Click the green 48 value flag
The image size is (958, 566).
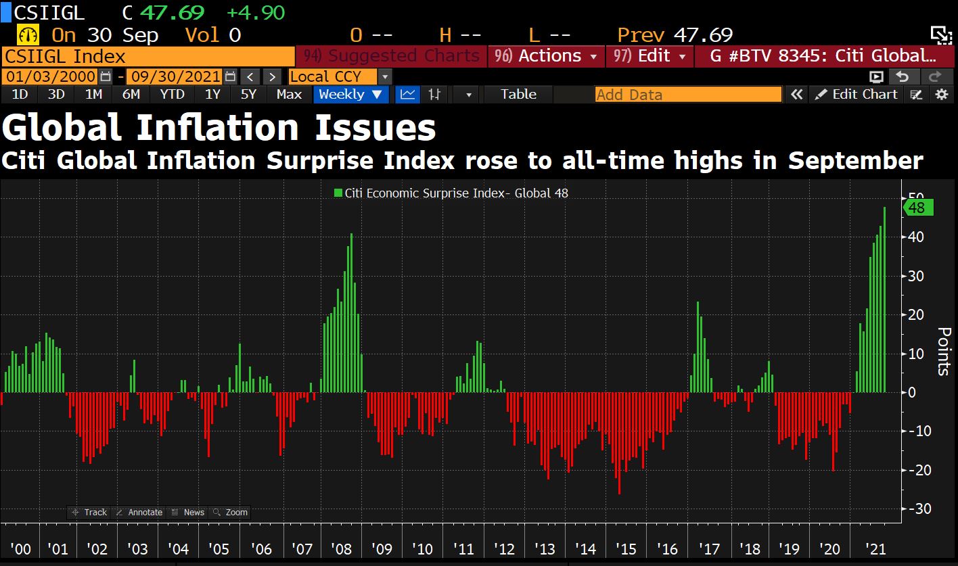click(x=919, y=208)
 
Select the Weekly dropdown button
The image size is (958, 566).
click(x=350, y=95)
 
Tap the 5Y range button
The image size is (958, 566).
click(x=248, y=95)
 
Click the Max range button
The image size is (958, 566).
click(x=289, y=95)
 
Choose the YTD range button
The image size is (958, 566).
click(x=172, y=95)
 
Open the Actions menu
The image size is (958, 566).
click(x=546, y=56)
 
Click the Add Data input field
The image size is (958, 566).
click(x=688, y=95)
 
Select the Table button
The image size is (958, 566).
click(x=518, y=95)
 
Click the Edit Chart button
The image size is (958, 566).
click(x=857, y=95)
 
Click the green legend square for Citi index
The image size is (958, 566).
click(x=338, y=193)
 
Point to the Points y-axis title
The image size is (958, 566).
click(x=944, y=351)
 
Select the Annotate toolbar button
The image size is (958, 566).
click(x=139, y=513)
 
